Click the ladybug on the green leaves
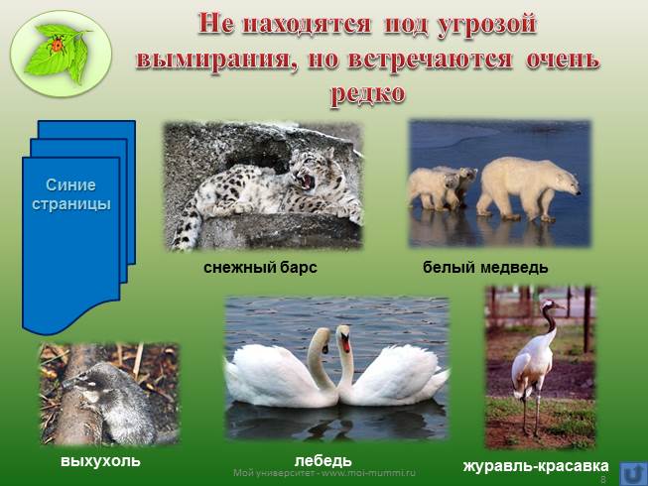point(57,44)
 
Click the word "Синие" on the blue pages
point(70,185)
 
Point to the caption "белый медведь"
point(485,268)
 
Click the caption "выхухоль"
point(100,461)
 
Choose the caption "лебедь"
point(324,461)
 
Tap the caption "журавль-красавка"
point(536,464)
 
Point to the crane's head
point(548,309)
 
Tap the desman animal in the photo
point(104,397)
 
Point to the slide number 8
point(602,478)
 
